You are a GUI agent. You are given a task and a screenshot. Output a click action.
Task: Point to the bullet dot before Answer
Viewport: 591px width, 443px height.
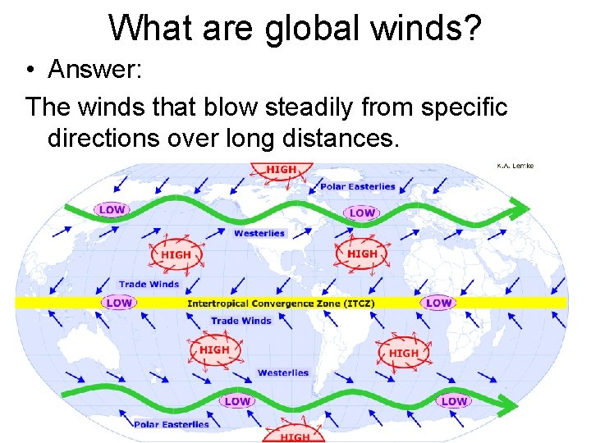(x=29, y=71)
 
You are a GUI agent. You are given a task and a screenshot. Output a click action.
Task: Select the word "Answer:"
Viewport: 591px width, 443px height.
(x=96, y=70)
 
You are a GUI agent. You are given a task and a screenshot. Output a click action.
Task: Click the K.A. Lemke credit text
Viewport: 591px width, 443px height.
(x=515, y=166)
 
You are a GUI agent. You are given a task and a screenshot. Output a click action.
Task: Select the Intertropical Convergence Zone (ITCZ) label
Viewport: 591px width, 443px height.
(x=282, y=304)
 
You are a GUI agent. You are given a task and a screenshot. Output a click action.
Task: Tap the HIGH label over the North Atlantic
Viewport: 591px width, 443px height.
(x=362, y=254)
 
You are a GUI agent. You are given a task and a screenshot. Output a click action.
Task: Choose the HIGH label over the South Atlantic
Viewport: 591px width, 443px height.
(x=403, y=354)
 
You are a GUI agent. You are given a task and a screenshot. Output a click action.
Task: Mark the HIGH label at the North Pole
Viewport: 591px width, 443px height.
(x=282, y=170)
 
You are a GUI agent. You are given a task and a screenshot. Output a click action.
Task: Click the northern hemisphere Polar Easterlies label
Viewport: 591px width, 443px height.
(x=357, y=186)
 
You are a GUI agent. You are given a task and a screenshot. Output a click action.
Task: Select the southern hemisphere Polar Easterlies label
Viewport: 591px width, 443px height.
(x=172, y=424)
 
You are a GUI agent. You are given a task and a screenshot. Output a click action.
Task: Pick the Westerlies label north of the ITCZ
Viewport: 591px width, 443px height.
(x=259, y=233)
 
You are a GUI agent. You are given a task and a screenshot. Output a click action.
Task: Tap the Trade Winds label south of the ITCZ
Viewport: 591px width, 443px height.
(x=241, y=320)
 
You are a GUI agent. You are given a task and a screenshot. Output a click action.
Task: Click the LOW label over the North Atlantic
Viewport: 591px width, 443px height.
(x=362, y=212)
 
